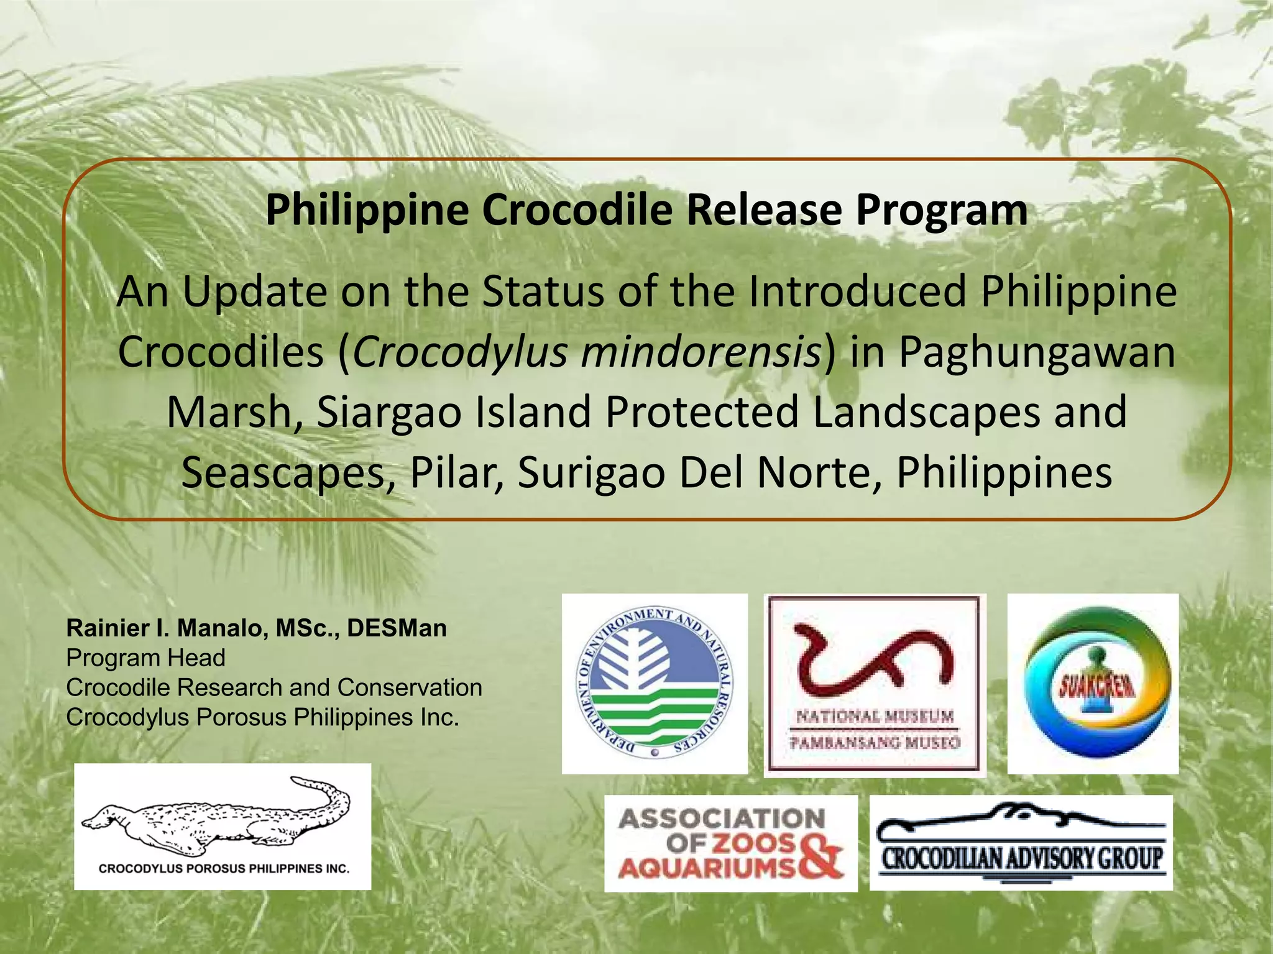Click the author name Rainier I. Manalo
tap(167, 628)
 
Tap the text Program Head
tap(146, 658)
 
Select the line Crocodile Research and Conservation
tap(274, 687)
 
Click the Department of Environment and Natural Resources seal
tap(655, 682)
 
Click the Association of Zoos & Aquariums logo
tap(731, 843)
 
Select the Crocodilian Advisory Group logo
tap(1021, 843)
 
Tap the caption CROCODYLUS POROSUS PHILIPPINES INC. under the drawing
tap(224, 868)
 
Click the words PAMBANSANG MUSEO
tap(875, 742)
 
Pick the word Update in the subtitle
tap(254, 293)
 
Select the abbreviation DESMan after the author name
tap(397, 628)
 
